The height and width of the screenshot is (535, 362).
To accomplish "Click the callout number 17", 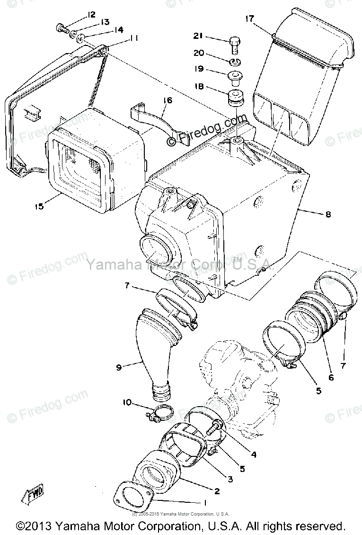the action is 249,19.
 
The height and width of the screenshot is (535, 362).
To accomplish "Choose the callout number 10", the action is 127,403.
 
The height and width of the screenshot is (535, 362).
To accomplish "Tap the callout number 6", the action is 331,377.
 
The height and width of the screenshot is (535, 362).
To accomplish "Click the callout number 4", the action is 254,454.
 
